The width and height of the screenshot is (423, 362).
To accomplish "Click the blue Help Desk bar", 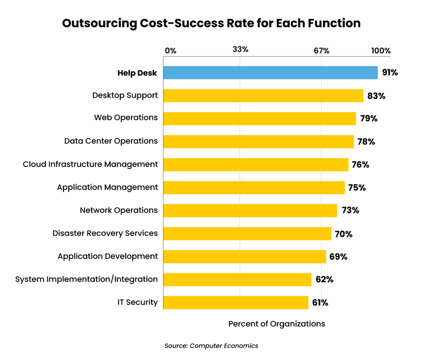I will pyautogui.click(x=270, y=73).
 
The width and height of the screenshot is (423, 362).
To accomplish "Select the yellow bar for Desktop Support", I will pyautogui.click(x=263, y=96).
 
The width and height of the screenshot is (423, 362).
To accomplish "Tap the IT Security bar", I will pyautogui.click(x=235, y=302).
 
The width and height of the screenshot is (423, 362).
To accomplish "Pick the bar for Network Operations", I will pyautogui.click(x=250, y=210).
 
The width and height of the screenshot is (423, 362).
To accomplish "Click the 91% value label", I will pyautogui.click(x=390, y=73).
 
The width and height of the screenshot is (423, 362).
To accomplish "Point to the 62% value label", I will pyautogui.click(x=324, y=279).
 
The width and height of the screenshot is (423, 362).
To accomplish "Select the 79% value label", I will pyautogui.click(x=368, y=119).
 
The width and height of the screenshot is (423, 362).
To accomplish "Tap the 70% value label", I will pyautogui.click(x=344, y=234).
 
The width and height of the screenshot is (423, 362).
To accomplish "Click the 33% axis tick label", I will pyautogui.click(x=240, y=50).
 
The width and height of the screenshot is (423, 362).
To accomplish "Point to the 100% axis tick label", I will pyautogui.click(x=380, y=51).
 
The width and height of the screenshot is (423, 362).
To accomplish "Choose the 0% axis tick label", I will pyautogui.click(x=170, y=51).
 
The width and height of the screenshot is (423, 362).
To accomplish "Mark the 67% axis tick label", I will pyautogui.click(x=321, y=51).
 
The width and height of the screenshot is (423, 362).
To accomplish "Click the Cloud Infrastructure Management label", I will pyautogui.click(x=90, y=164).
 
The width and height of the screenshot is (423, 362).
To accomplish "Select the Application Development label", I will pyautogui.click(x=107, y=256).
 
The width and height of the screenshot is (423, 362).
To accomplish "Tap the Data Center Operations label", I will pyautogui.click(x=111, y=141).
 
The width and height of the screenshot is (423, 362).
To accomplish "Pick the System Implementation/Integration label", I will pyautogui.click(x=86, y=279).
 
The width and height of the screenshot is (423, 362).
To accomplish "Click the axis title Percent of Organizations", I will pyautogui.click(x=277, y=324).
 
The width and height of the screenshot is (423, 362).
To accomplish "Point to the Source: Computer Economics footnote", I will pyautogui.click(x=211, y=346).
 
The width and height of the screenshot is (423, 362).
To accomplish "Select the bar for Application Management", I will pyautogui.click(x=254, y=188).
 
